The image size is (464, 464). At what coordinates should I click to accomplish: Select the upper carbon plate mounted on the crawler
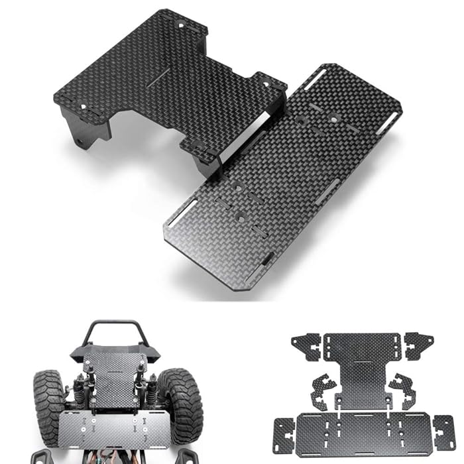(x=114, y=378)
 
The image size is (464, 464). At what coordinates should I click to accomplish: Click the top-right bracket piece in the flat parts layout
(x=419, y=345)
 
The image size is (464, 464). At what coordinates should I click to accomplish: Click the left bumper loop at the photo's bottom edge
(x=41, y=456)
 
